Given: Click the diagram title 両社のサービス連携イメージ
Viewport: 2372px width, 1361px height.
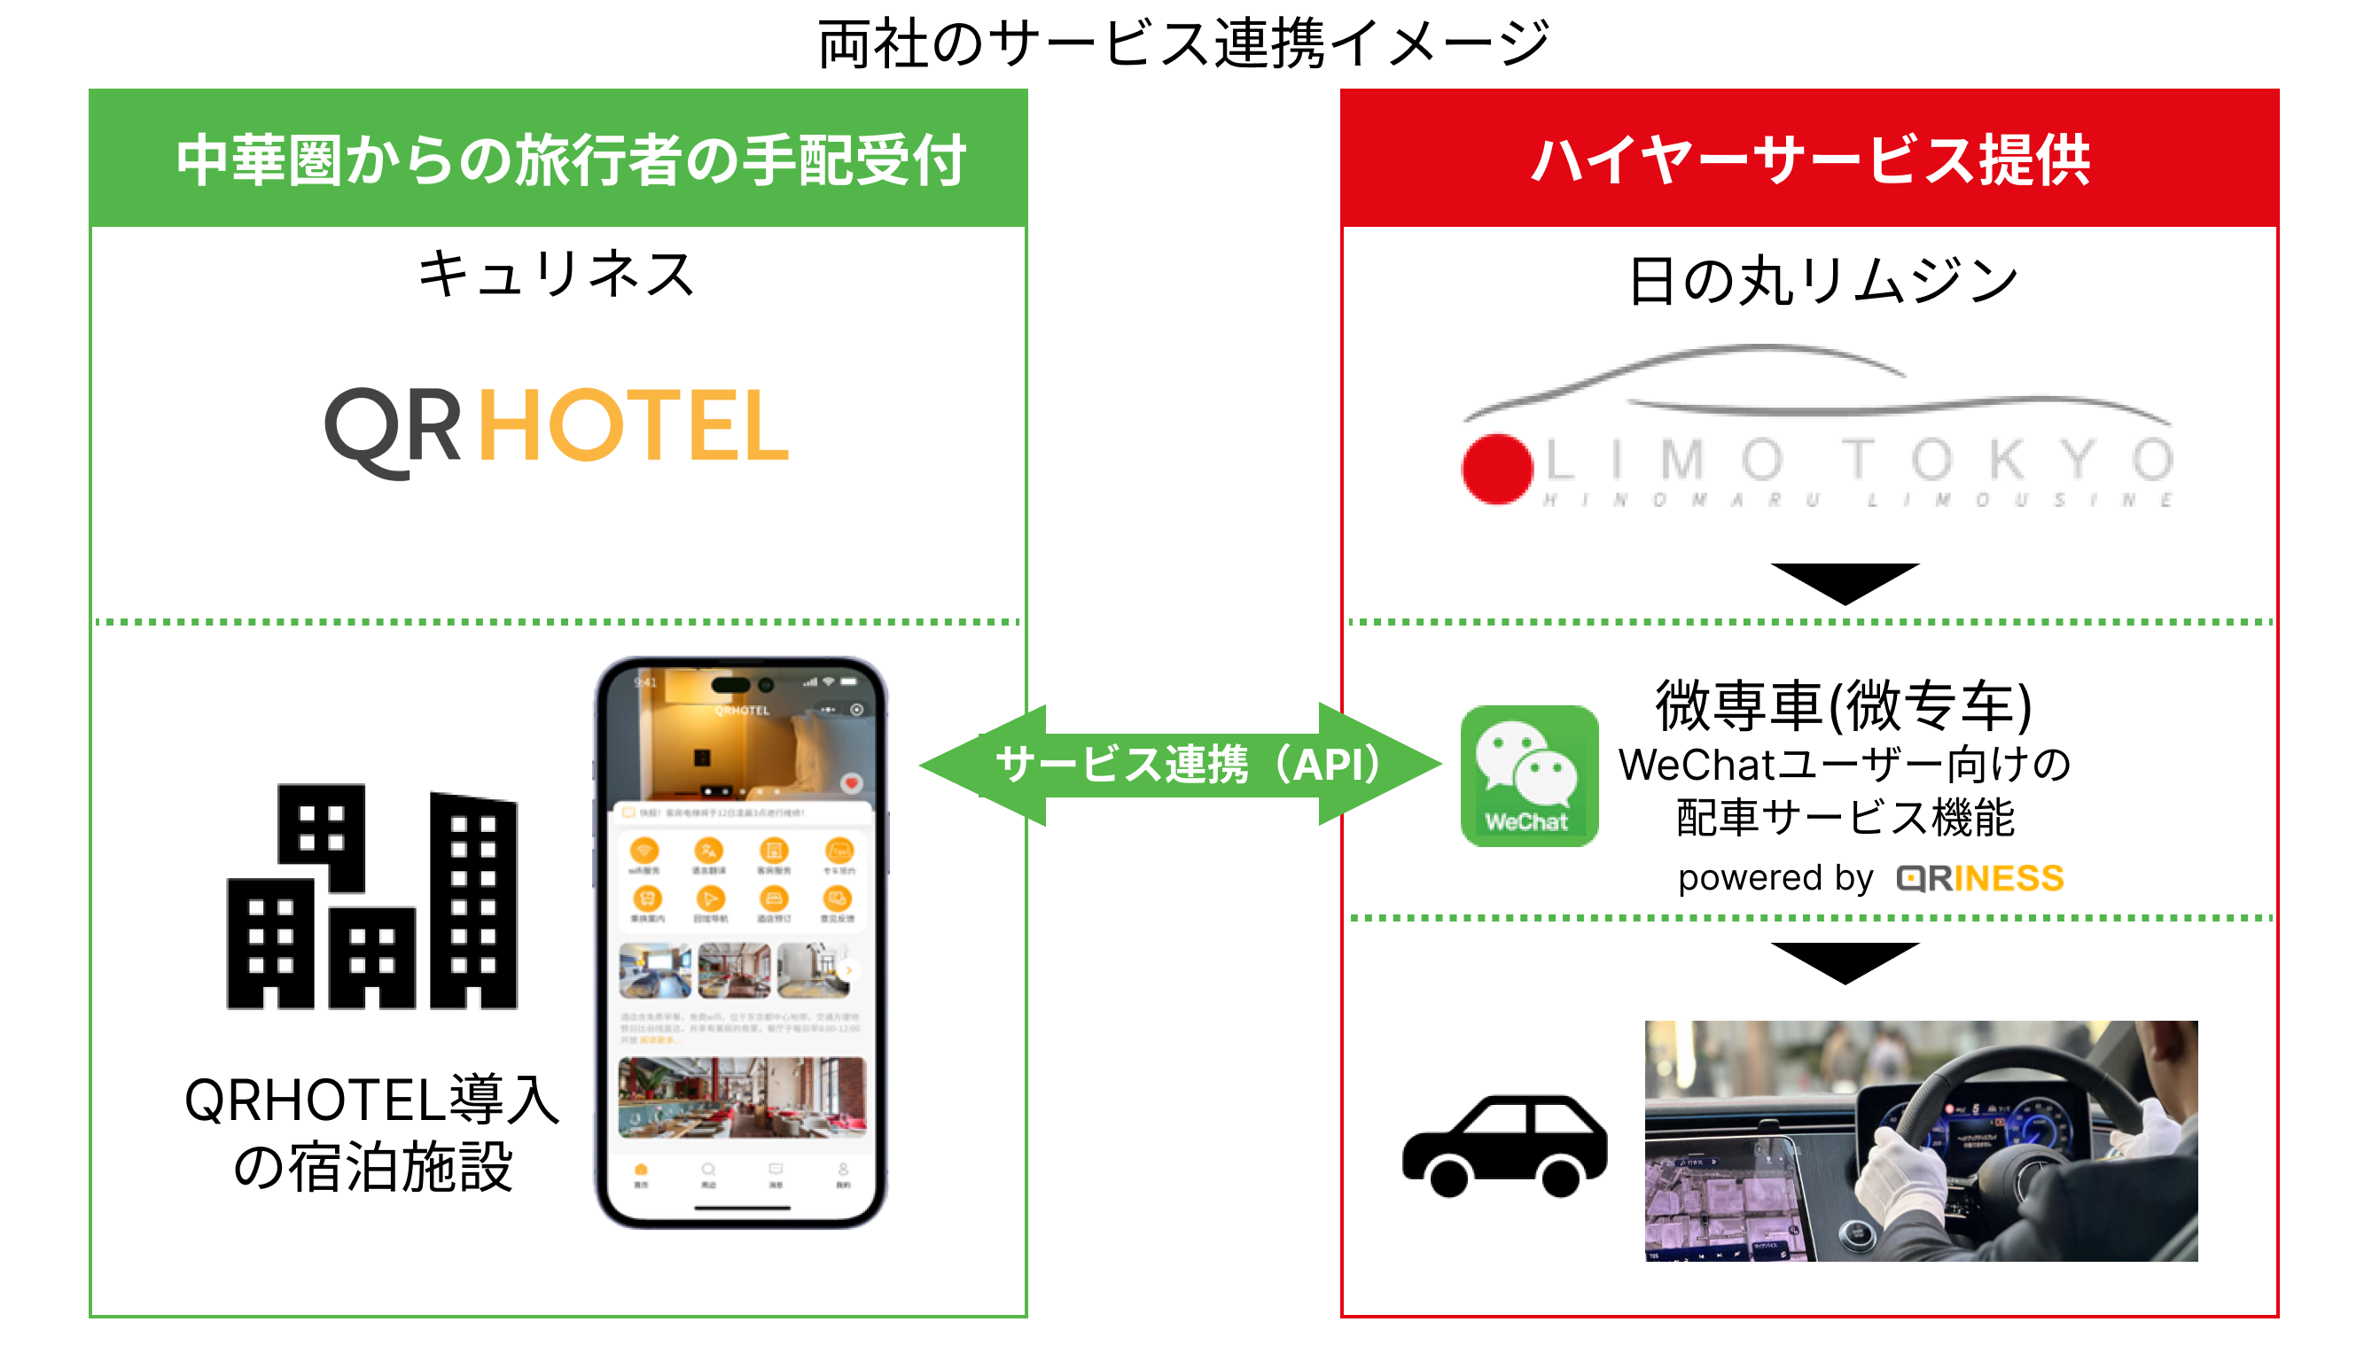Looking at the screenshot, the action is (x=1183, y=43).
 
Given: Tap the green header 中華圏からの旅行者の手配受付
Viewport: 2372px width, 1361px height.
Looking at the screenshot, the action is (x=570, y=159).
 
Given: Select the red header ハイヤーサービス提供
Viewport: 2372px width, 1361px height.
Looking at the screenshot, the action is (x=1810, y=159).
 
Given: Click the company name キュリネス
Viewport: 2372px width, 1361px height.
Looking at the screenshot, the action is (x=558, y=275).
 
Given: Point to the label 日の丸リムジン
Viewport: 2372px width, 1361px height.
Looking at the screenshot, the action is (x=1823, y=280).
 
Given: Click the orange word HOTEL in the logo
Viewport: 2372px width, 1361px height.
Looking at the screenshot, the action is (x=634, y=426).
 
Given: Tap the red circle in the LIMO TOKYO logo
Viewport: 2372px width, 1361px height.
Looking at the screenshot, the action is (x=1498, y=469).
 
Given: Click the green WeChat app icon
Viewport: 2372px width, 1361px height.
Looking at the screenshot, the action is (x=1529, y=776).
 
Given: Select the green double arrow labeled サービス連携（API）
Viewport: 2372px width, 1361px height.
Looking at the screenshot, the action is (x=1182, y=765).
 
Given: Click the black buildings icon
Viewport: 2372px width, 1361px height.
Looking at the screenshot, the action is (x=372, y=898).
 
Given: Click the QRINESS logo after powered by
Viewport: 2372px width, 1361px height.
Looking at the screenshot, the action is (x=1980, y=879).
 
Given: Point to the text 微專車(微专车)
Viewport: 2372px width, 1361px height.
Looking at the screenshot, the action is (x=1844, y=705).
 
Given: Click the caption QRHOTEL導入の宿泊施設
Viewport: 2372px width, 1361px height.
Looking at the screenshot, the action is (x=372, y=1133).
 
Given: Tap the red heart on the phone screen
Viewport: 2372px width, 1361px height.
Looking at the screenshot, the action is (x=851, y=782).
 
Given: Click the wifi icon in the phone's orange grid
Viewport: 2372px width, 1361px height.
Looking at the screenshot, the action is (x=644, y=851).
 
